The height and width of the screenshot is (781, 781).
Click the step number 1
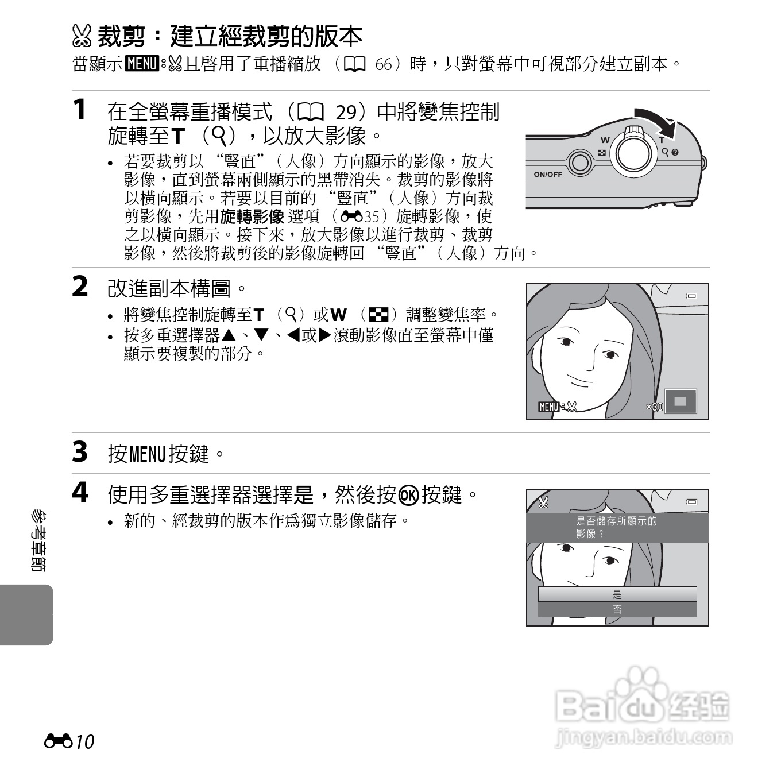click(x=80, y=110)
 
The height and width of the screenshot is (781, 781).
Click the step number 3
click(x=80, y=452)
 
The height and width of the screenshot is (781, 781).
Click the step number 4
click(x=80, y=493)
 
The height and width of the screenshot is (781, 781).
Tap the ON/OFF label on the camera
click(x=548, y=174)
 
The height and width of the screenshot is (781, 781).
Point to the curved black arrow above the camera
click(x=656, y=118)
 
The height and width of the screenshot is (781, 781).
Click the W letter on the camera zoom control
click(x=605, y=140)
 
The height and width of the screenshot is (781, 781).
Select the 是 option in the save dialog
click(x=617, y=594)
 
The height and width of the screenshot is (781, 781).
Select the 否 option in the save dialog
click(x=617, y=609)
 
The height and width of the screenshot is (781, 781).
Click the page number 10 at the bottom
click(x=84, y=741)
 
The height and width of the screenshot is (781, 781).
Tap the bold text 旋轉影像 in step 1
click(x=253, y=216)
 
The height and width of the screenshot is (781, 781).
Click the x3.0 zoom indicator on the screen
click(x=654, y=407)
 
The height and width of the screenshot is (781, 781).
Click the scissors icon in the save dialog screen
click(x=543, y=502)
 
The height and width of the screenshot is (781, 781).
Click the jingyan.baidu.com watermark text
click(x=644, y=737)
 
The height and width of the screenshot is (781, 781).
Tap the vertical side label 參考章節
click(x=38, y=540)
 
